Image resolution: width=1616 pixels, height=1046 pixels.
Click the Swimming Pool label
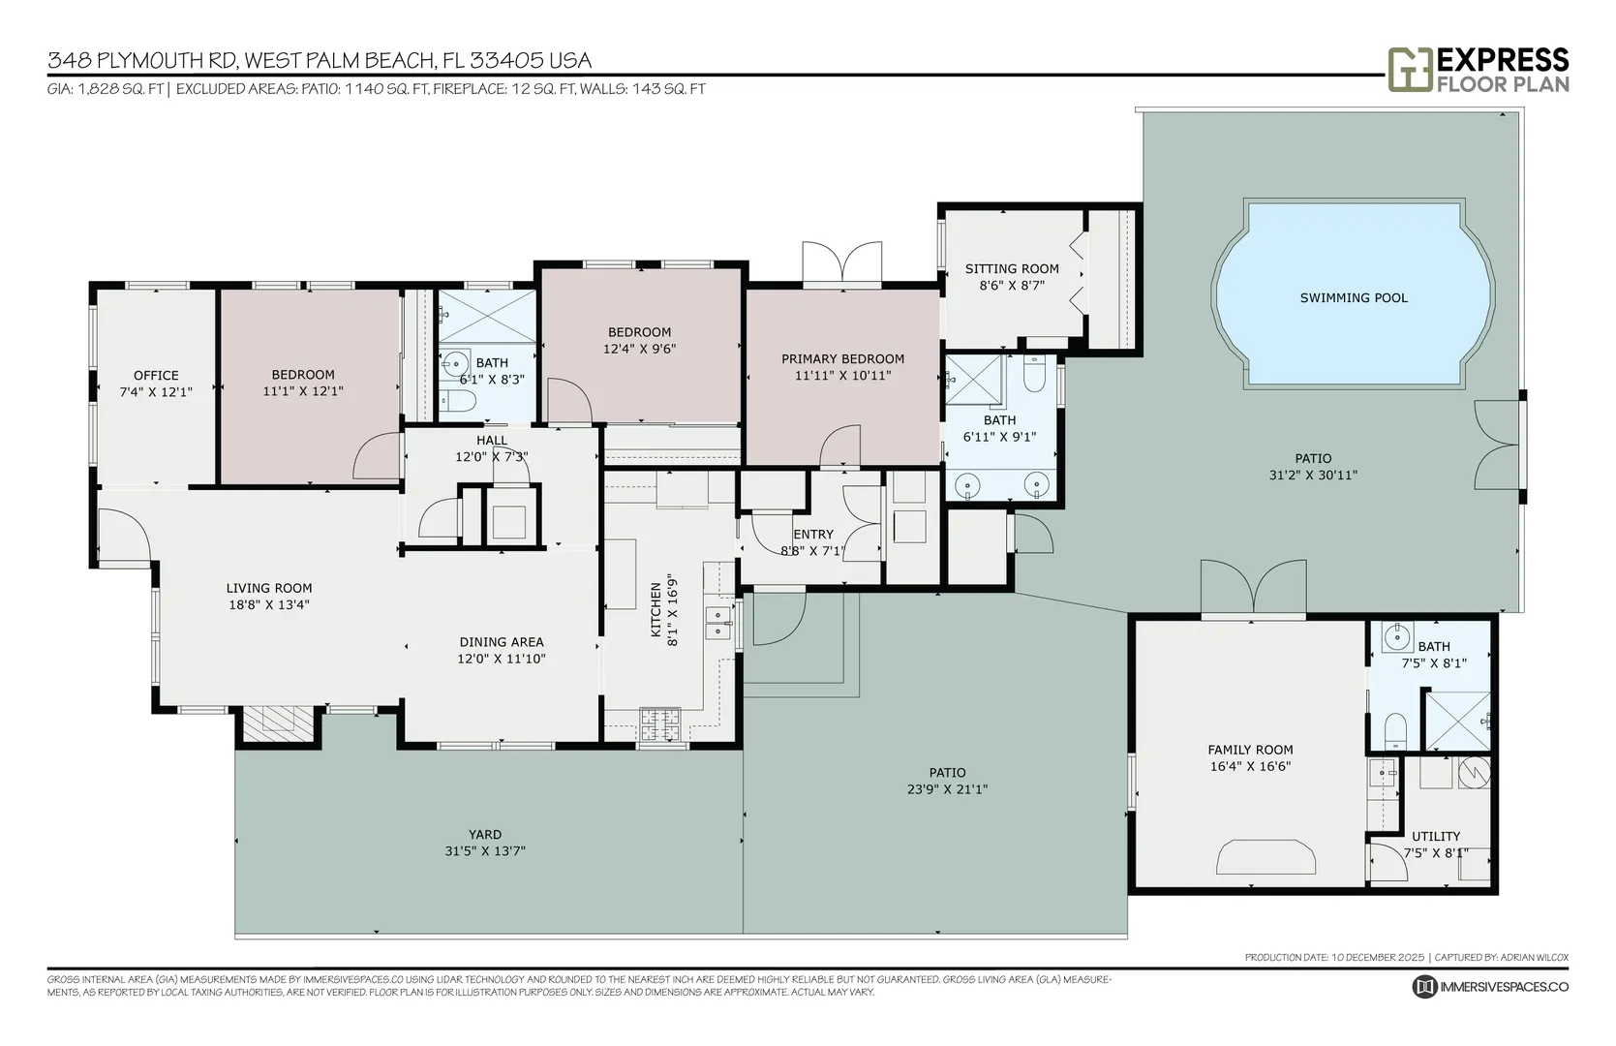pos(1354,297)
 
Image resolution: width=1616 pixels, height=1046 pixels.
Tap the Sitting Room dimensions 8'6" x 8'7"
pos(1012,285)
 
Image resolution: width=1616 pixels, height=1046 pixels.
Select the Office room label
pos(156,376)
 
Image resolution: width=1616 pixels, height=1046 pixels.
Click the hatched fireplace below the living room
pos(278,723)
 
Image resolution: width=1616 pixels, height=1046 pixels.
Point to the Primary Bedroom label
pos(842,358)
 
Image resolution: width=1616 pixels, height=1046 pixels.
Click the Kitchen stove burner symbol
pos(660,724)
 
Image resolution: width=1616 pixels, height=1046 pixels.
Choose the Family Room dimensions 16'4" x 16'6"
pos(1250,767)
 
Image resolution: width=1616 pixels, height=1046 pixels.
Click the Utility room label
pos(1436,836)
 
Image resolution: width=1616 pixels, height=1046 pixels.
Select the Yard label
pos(485,834)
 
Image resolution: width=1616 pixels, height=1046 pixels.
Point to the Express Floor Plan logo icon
pos(1411,70)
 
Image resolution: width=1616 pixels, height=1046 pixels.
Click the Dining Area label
pos(502,642)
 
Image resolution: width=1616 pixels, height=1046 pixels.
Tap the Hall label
pos(492,441)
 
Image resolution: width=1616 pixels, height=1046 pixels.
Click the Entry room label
pos(813,535)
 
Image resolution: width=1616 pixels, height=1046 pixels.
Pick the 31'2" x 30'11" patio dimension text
pos(1313,475)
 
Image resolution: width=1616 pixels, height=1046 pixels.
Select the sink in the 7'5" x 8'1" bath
pos(1397,637)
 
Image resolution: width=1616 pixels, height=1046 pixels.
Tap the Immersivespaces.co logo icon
pos(1424,987)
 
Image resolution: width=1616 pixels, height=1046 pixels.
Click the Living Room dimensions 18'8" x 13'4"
pos(269,605)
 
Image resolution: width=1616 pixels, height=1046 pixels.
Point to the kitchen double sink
pos(717,622)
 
